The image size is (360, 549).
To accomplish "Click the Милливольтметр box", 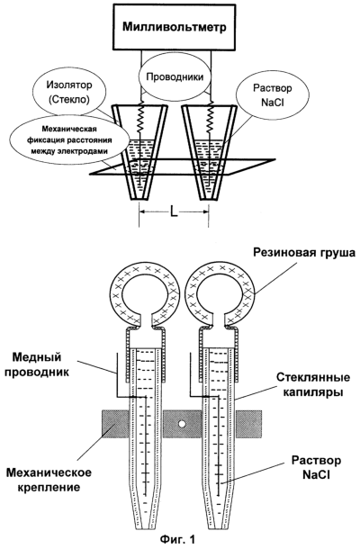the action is pyautogui.click(x=174, y=27).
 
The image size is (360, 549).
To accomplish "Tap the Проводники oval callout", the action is pyautogui.click(x=175, y=77).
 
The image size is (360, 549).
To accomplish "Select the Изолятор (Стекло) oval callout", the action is pyautogui.click(x=69, y=93).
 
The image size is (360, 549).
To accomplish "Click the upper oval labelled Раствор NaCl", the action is pyautogui.click(x=273, y=94).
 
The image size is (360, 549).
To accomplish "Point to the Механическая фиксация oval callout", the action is pyautogui.click(x=69, y=140).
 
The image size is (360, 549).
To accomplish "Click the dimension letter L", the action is pyautogui.click(x=174, y=211).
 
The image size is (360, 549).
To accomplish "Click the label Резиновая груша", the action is pyautogui.click(x=303, y=253).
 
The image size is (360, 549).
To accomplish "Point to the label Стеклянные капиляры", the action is pyautogui.click(x=312, y=385).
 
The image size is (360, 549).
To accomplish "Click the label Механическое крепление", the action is pyautogui.click(x=49, y=480).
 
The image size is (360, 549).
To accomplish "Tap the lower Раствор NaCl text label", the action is pyautogui.click(x=316, y=467).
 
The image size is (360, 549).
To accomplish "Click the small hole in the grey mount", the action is pyautogui.click(x=182, y=424).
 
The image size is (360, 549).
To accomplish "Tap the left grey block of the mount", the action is pyautogui.click(x=115, y=425).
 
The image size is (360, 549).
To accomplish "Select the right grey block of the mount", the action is pyautogui.click(x=248, y=425).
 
